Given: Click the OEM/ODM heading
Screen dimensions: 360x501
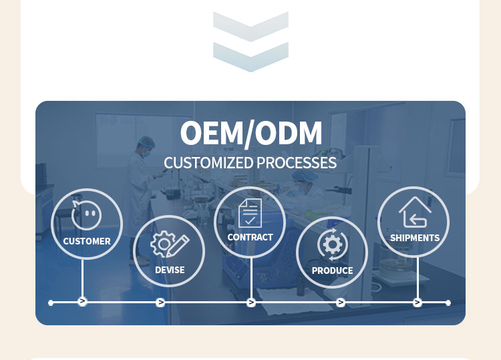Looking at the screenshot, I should (251, 133).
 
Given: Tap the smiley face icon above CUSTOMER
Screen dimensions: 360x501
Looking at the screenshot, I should (87, 215).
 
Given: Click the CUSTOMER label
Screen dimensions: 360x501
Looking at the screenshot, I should (87, 241).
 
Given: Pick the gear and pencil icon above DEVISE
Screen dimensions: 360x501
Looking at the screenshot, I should (169, 244).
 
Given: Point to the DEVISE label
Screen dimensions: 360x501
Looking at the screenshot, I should (170, 270).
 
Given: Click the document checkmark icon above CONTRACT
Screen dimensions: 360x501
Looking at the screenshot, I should (250, 212).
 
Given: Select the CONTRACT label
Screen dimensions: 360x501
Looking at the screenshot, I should (250, 237).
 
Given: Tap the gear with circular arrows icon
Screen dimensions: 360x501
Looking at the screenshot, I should (332, 244).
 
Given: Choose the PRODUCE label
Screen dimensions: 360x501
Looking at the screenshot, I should (332, 271).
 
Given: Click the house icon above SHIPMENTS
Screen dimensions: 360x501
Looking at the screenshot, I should (414, 212).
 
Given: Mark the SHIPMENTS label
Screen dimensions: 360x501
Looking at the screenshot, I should (414, 238).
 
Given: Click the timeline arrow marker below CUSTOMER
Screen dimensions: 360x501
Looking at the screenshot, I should (83, 302).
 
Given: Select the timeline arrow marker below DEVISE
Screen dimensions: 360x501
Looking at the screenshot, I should (160, 303).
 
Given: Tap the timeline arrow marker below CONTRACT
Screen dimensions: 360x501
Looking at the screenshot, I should (251, 303).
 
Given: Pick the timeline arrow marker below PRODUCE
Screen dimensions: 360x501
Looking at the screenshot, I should (341, 303).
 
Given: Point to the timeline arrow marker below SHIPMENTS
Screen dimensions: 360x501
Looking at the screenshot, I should (417, 303).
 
